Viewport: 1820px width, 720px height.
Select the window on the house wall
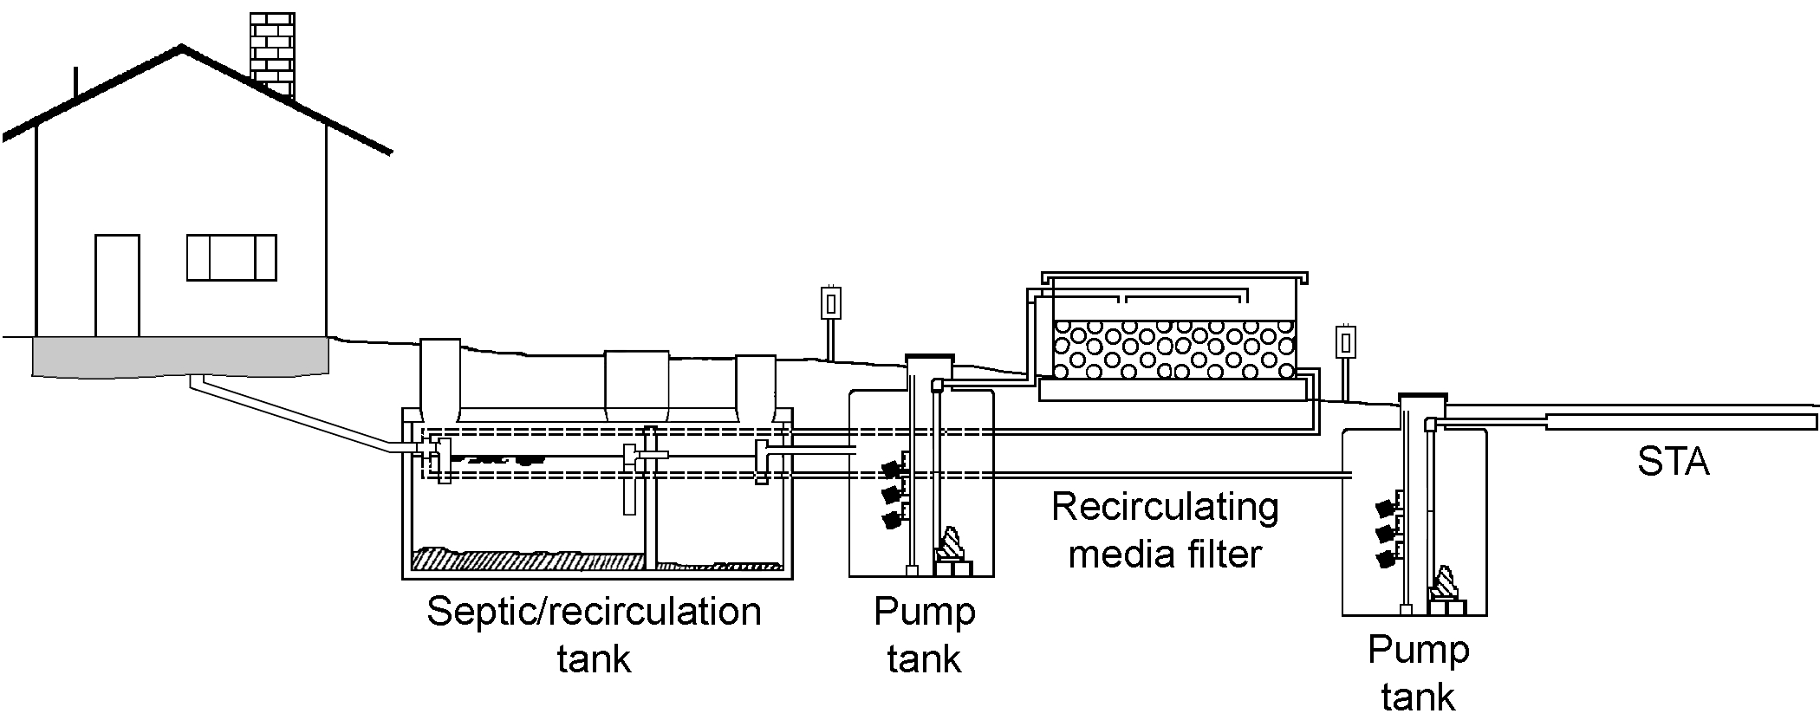click(x=231, y=257)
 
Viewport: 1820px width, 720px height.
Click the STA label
click(x=1673, y=462)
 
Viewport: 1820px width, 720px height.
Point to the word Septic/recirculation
click(x=594, y=613)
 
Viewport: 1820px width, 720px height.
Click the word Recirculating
click(x=1165, y=509)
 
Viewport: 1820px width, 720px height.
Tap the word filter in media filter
click(x=1218, y=554)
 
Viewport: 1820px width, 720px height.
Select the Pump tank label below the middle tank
click(x=924, y=635)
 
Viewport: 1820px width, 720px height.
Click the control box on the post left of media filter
click(x=829, y=304)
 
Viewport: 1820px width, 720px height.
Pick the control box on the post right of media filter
click(x=1345, y=342)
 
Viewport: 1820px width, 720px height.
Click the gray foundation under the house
click(x=180, y=356)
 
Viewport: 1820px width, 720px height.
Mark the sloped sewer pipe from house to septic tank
click(x=286, y=413)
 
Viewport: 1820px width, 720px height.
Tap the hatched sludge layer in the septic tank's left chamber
click(x=529, y=559)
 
